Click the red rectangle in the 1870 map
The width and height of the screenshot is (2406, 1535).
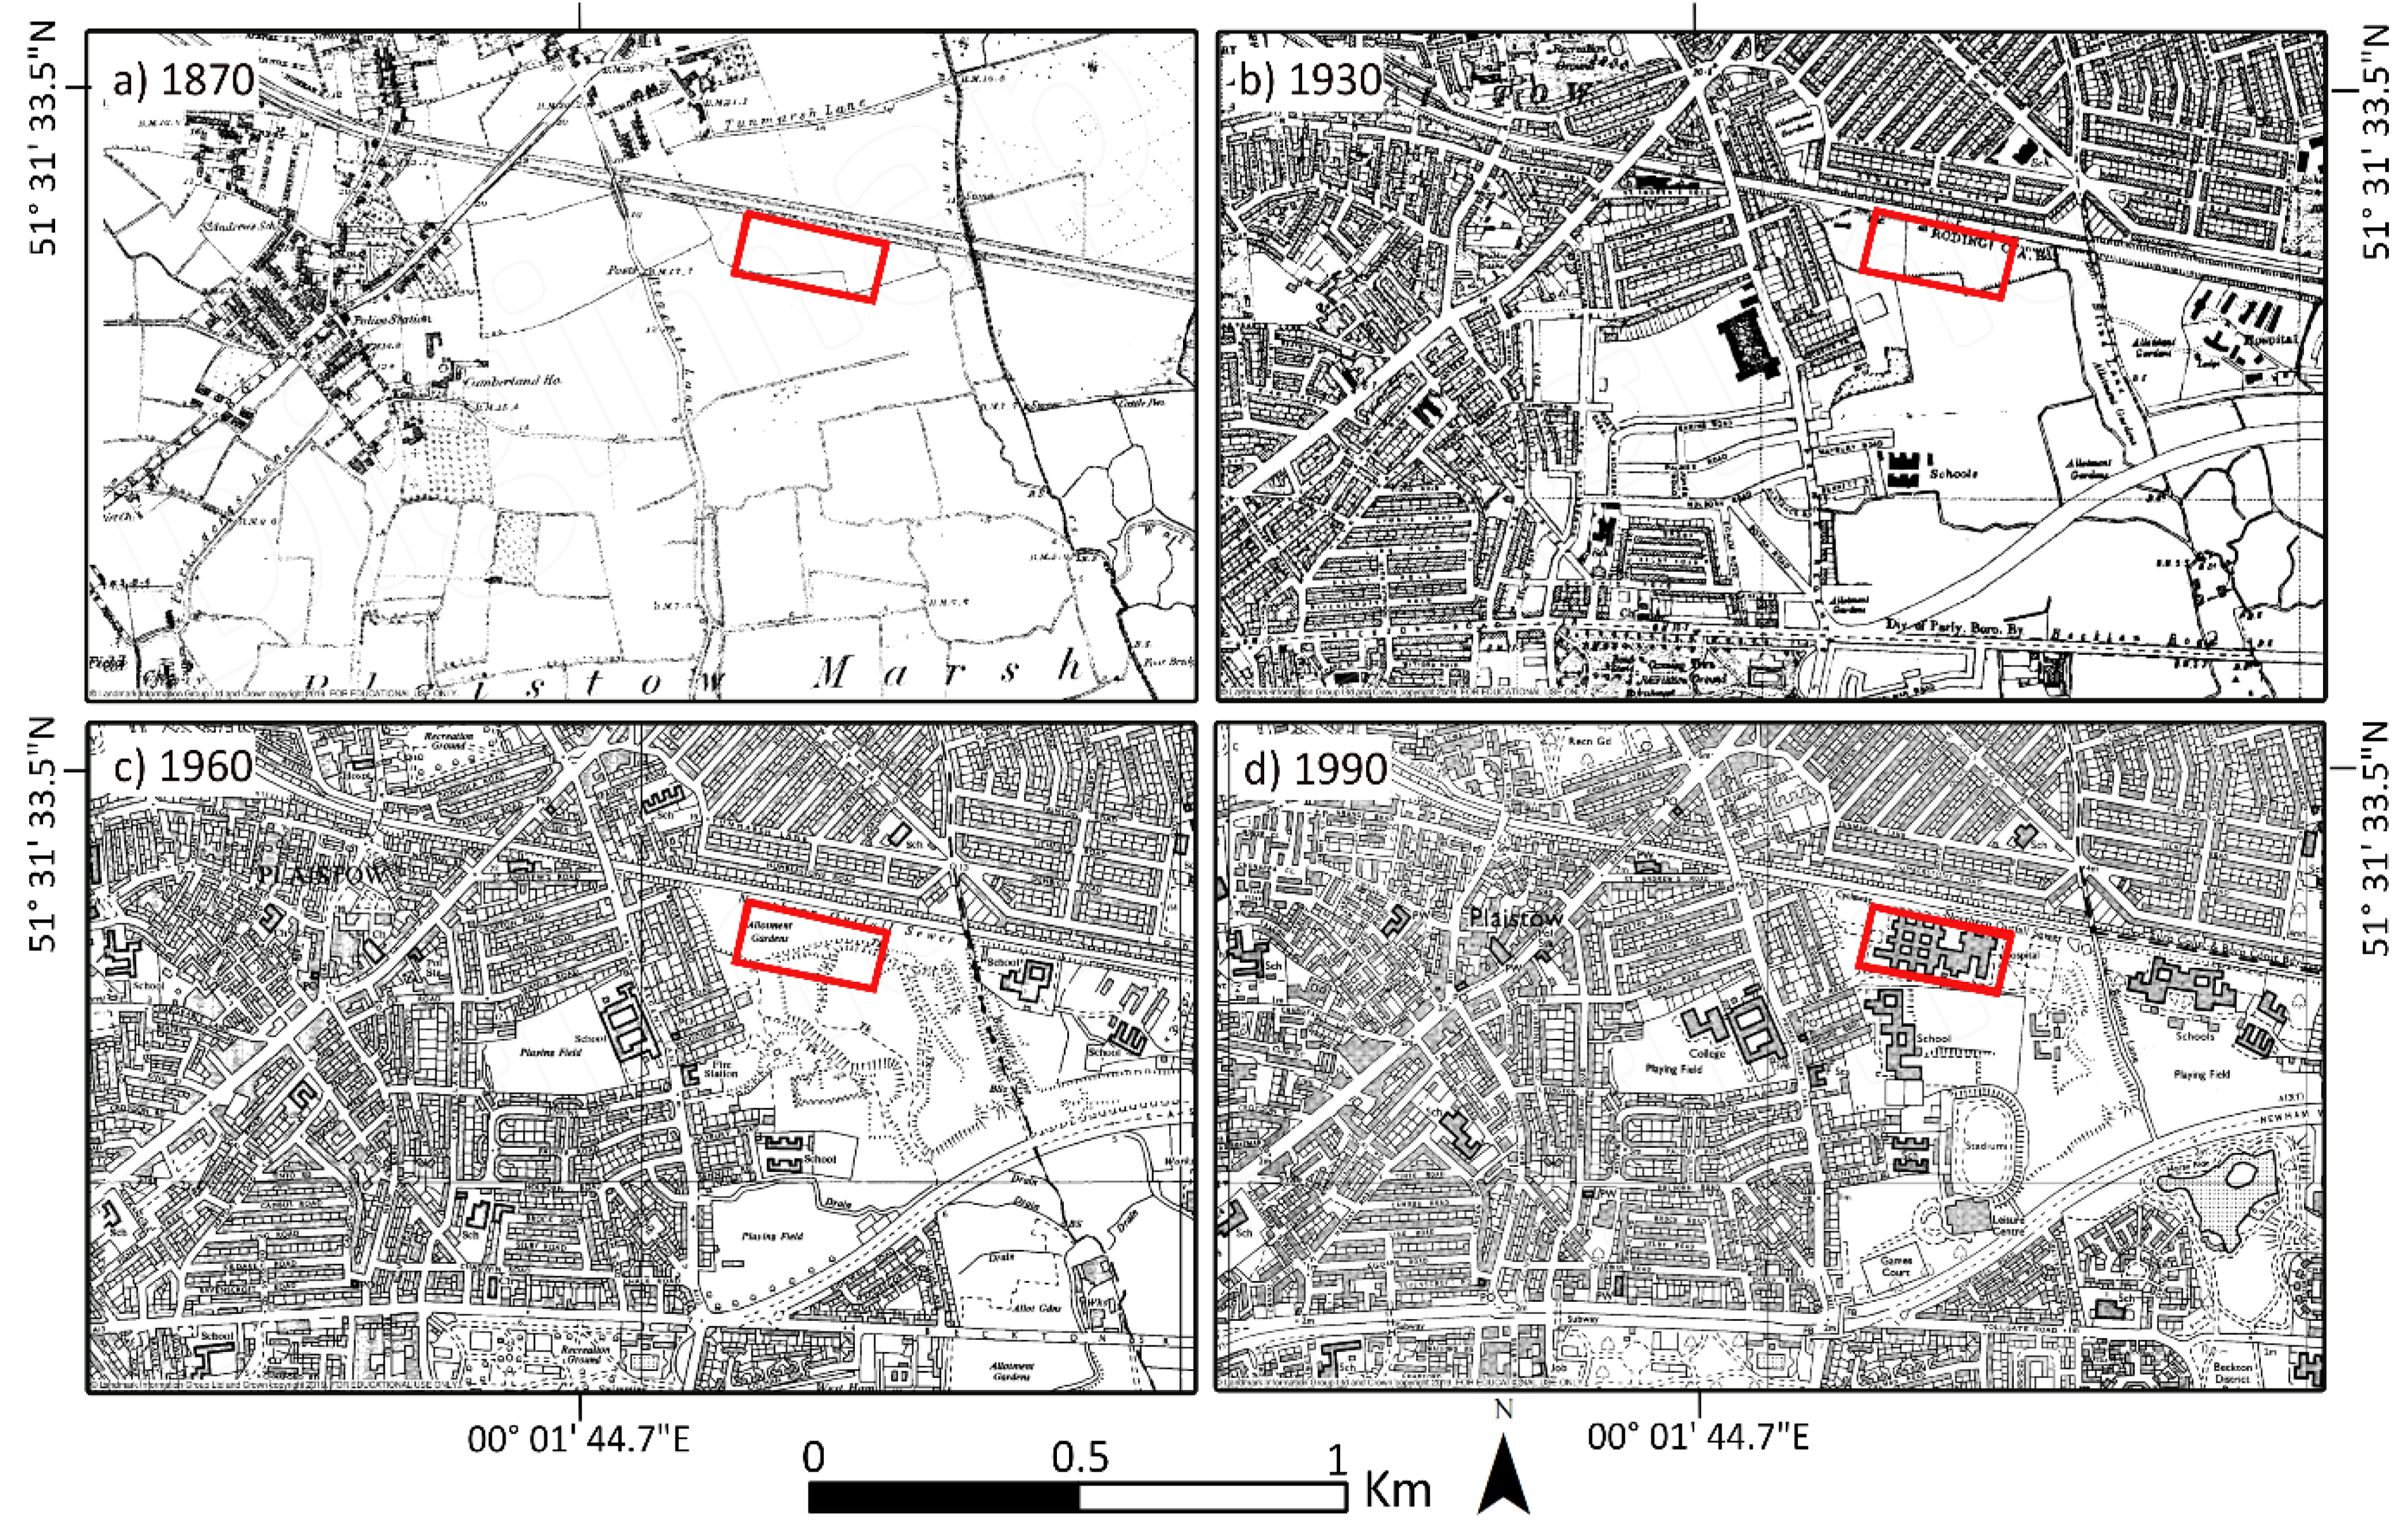tap(809, 255)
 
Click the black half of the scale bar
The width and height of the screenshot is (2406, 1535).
tap(944, 1497)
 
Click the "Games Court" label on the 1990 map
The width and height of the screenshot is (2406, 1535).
tap(1895, 1266)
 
